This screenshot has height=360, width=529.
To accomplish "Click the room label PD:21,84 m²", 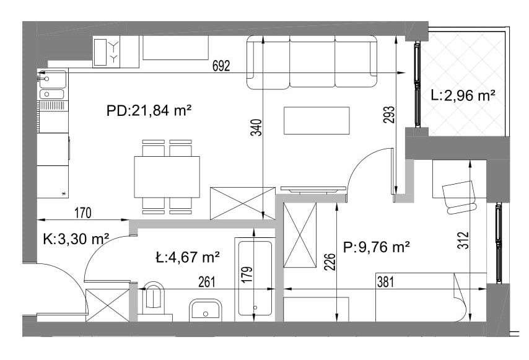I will [147, 112].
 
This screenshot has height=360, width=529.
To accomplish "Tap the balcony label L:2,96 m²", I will [462, 96].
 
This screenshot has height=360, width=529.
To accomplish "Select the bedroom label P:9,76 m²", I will [377, 248].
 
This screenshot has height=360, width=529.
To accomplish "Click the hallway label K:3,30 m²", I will [76, 238].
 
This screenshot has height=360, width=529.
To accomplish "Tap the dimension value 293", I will [388, 116].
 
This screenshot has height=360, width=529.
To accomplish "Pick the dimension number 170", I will [84, 213].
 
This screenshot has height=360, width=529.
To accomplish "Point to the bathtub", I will [255, 279].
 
